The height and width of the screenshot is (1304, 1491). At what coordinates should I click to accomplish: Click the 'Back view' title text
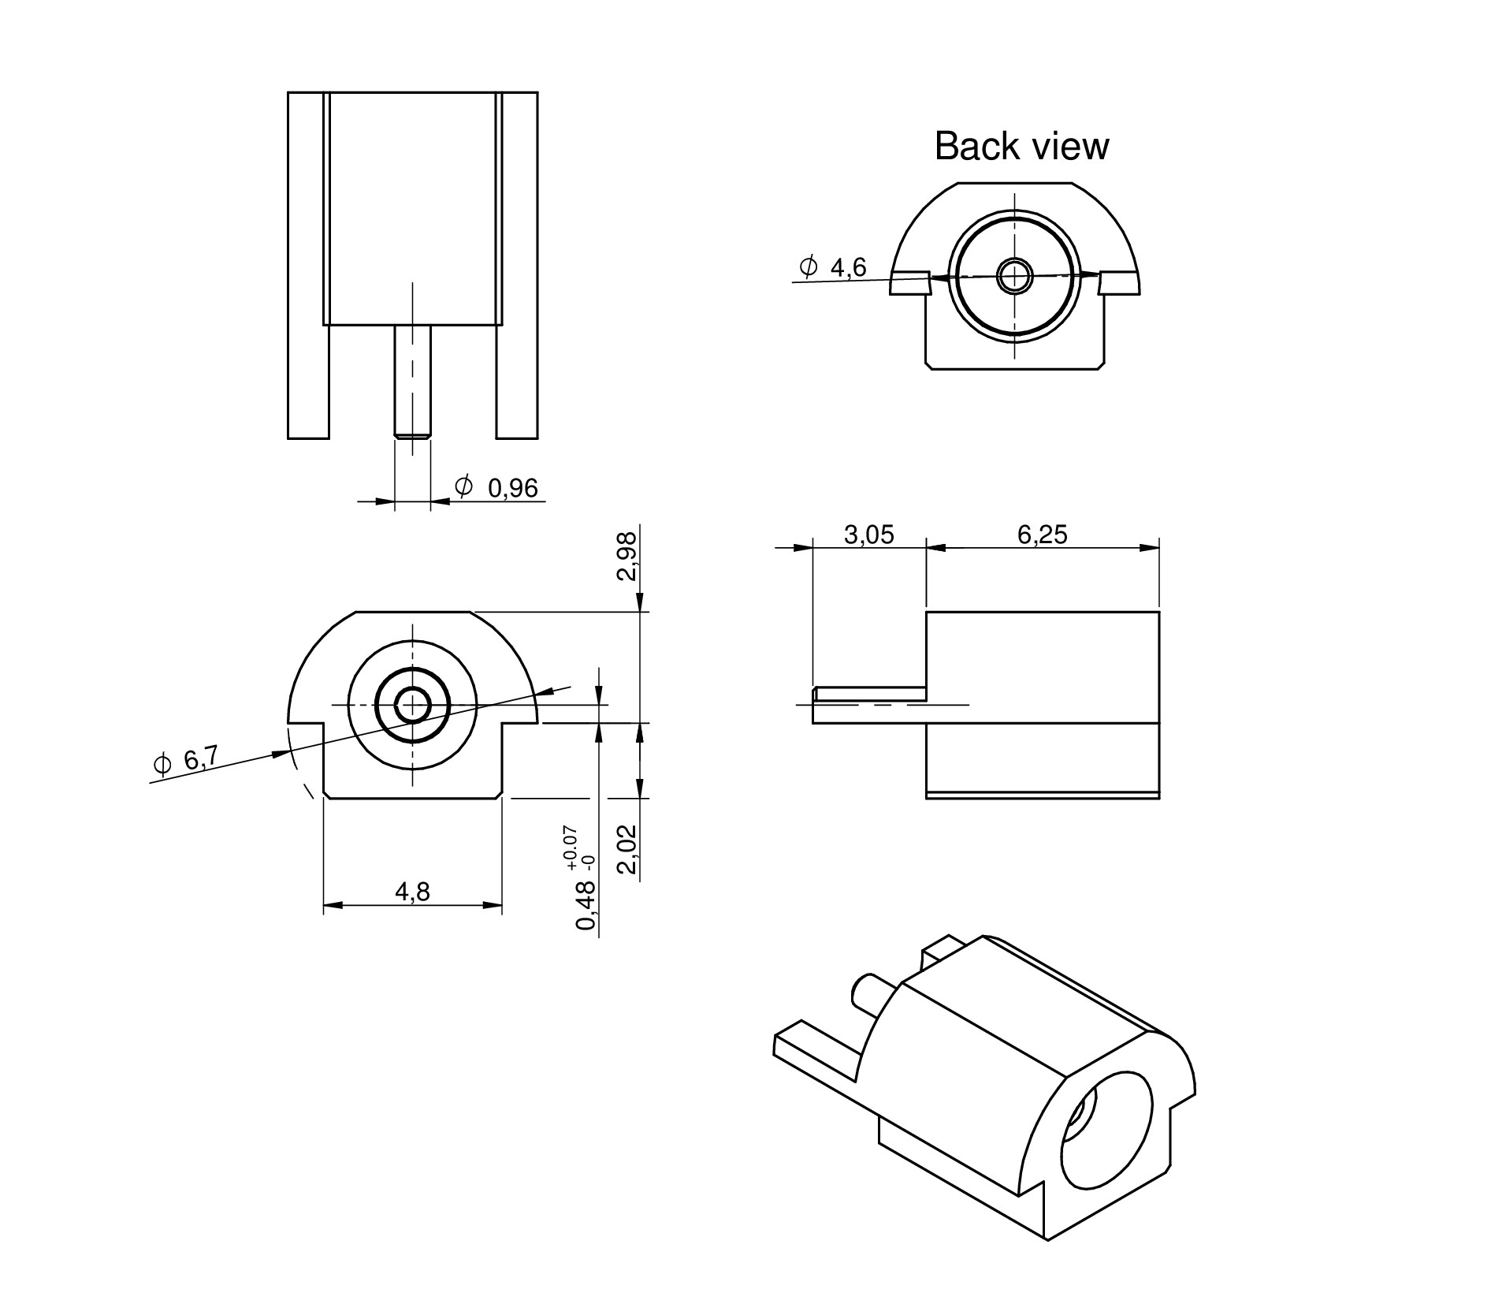point(1021,147)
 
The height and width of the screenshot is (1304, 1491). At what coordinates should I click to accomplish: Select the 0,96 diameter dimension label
point(512,489)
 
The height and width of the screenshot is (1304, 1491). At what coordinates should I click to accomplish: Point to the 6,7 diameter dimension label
point(200,760)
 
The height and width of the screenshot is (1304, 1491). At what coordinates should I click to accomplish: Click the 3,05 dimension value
point(868,535)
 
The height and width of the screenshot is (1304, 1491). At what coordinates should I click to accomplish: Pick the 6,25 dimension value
point(1042,535)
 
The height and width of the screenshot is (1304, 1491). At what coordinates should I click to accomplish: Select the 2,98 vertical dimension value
point(627,557)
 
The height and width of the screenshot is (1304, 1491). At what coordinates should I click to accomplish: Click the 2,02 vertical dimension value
point(627,850)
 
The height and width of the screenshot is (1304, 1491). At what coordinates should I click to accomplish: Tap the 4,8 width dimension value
point(412,892)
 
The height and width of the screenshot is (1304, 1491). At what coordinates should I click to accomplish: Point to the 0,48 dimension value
point(586,906)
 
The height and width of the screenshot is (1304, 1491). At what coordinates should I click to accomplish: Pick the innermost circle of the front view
point(411,705)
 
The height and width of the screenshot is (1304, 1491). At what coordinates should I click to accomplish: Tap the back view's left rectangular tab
point(910,283)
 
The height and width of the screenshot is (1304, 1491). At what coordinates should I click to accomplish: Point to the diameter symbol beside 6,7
point(162,763)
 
